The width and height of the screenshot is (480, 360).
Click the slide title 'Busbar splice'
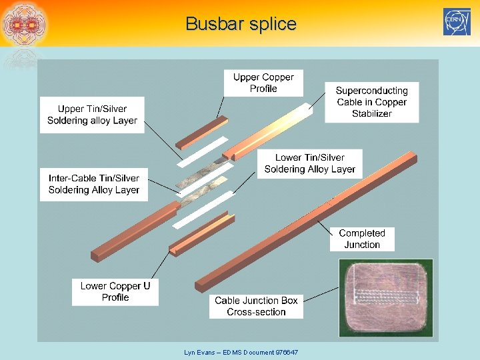tap(241, 24)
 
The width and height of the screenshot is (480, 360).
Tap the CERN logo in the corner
tap(457, 22)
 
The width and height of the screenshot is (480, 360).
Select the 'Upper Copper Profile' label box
tap(263, 83)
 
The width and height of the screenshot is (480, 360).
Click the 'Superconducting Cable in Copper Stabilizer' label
tap(371, 102)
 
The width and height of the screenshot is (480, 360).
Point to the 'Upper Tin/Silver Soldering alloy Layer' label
tap(92, 115)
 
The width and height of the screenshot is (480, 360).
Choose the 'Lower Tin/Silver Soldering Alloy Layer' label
tap(309, 163)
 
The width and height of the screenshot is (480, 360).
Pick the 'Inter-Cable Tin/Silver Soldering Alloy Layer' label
tap(94, 184)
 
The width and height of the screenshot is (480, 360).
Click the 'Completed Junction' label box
tap(362, 239)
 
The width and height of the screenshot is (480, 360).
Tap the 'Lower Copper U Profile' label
tap(115, 291)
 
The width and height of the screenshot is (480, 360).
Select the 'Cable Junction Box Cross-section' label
tap(256, 306)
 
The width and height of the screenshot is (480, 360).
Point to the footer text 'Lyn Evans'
tap(198, 351)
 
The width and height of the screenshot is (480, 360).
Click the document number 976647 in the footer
tap(285, 351)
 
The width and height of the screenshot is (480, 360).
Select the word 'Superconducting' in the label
tap(371, 91)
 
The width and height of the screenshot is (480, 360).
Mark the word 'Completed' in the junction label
tap(362, 233)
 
